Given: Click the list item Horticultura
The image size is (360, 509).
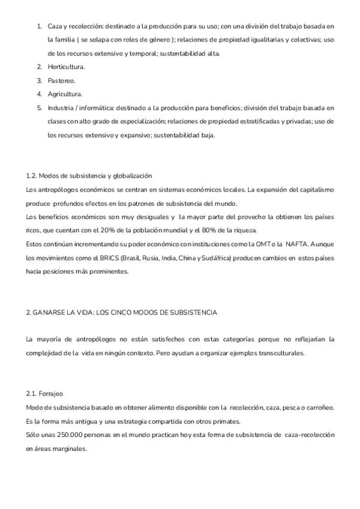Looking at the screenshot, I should coord(66,67).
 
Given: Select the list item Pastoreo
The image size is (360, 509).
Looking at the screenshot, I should coord(61,80).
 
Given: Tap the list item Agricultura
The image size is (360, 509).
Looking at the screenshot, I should coord(65,94).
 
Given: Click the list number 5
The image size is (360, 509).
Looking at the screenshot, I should coord(39,108).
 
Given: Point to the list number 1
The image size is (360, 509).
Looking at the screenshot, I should coord(39,26).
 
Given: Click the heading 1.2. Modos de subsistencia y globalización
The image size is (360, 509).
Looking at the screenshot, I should coord(89,176).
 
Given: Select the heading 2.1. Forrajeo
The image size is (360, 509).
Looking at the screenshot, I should coord(44,394).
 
